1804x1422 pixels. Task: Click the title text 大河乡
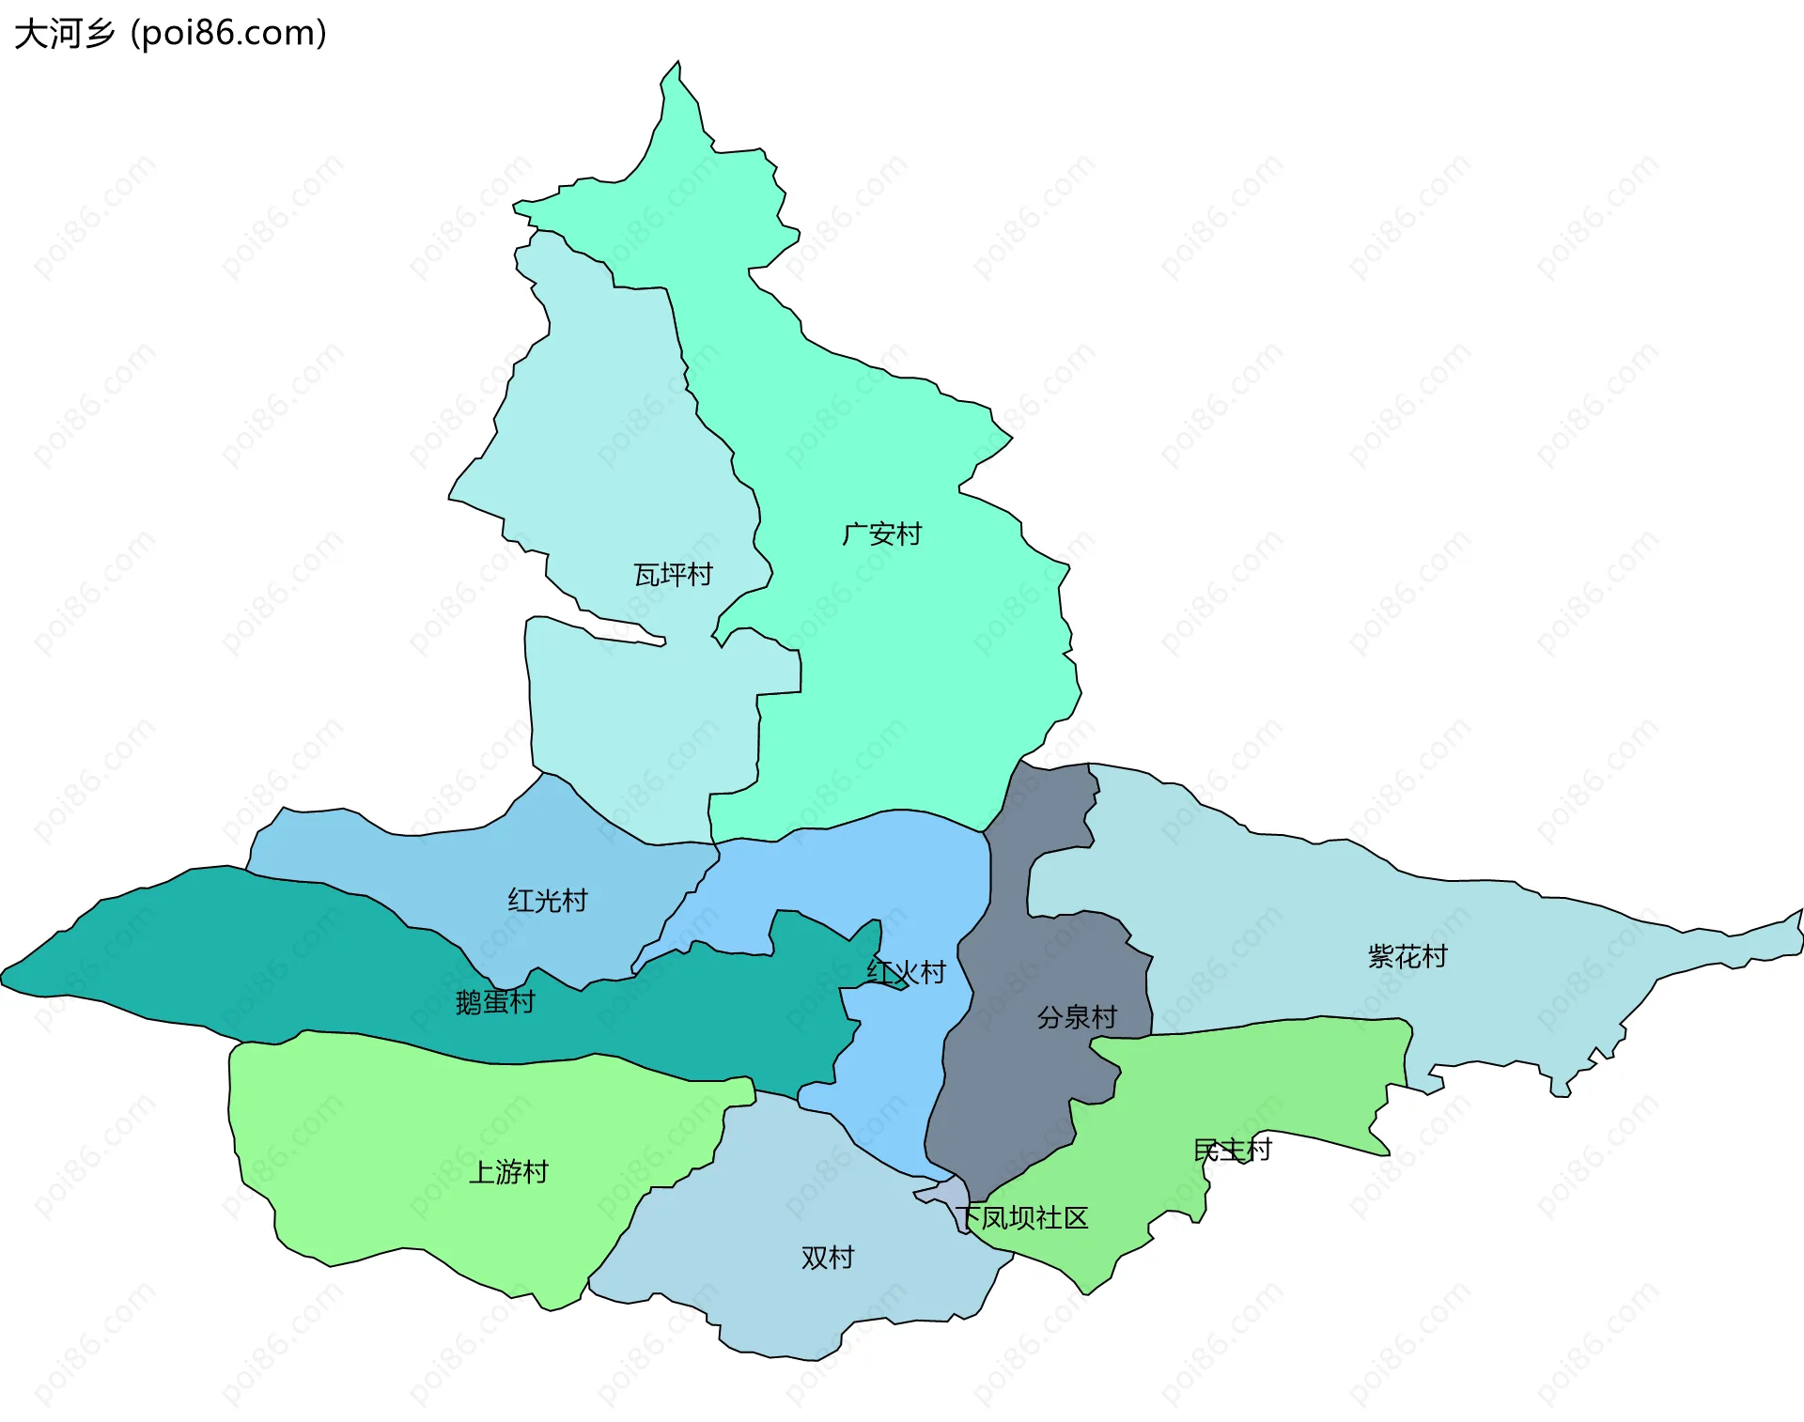(x=64, y=34)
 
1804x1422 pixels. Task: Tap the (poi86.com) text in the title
(x=228, y=34)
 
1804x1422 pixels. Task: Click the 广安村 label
(x=881, y=534)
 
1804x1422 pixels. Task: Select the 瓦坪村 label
(x=673, y=575)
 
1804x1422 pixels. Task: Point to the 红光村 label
(x=548, y=901)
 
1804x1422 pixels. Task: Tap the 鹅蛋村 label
(x=495, y=1002)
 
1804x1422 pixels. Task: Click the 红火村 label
(x=906, y=972)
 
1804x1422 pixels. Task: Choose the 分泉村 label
(x=1077, y=1017)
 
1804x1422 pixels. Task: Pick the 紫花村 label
(x=1407, y=957)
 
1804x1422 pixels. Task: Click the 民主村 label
(x=1232, y=1150)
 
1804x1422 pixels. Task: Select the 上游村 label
(x=508, y=1172)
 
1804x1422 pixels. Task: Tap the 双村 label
(x=828, y=1258)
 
